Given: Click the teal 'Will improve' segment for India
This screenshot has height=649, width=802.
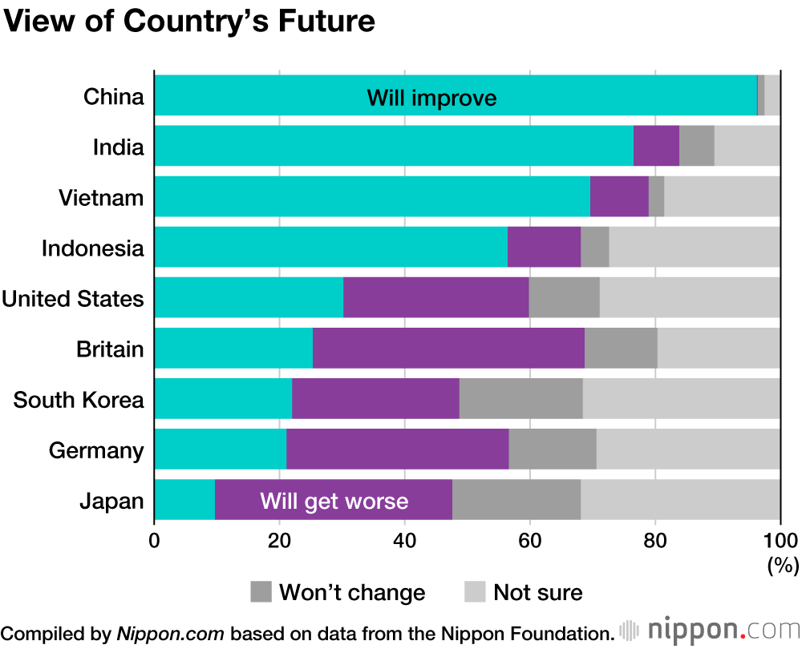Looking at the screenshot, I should pos(393,146).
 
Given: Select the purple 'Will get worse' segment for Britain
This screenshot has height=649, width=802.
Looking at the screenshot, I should pos(448,348).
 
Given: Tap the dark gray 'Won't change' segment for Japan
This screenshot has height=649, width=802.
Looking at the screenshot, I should pos(517,500).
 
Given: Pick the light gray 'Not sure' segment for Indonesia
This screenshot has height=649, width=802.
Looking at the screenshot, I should pos(694,247).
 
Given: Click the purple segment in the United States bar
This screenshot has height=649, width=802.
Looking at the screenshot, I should pos(435,297).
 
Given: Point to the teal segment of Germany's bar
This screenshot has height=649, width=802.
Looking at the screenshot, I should pos(220,449).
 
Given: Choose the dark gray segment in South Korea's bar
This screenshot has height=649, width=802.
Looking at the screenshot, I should pos(520,398).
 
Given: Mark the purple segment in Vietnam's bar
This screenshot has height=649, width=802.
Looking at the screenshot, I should pos(619,196).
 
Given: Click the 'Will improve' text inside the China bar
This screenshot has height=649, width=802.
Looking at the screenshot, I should pos(431,99).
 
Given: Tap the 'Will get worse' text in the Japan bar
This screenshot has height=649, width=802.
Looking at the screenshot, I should pos(334,502).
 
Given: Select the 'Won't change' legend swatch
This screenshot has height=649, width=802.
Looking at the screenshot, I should pos(261,592).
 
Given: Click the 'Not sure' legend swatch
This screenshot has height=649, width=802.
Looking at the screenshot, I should pos(476,592).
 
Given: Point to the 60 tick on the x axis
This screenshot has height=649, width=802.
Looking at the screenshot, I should pos(529,539).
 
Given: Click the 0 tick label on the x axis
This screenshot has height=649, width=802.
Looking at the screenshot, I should pos(154,539).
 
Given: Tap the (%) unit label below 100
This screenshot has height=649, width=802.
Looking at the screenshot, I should pos(783,565).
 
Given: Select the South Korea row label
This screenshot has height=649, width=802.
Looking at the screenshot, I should pos(79,399).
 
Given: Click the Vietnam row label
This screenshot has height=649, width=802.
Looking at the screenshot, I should pos(101,197).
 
